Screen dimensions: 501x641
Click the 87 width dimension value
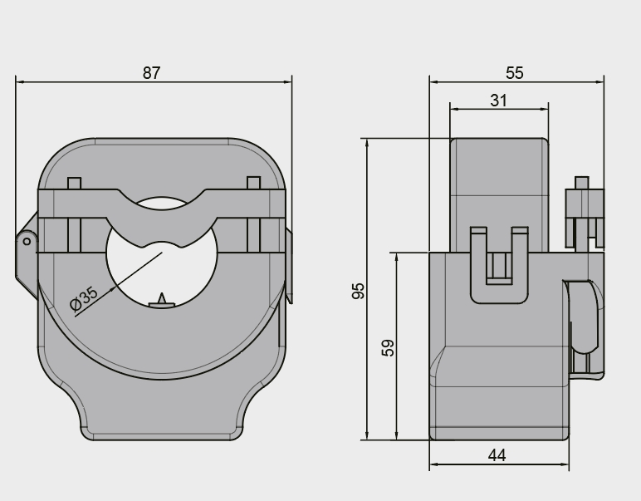point(150,72)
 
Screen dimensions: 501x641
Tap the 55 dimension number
point(515,72)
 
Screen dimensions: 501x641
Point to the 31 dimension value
point(498,100)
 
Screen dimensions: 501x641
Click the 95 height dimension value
point(359,291)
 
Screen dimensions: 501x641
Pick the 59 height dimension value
point(388,347)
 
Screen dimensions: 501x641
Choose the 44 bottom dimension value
point(497,455)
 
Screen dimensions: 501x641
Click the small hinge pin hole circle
point(27,242)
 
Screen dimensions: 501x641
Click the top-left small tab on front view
point(75,183)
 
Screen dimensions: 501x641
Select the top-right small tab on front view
point(253,183)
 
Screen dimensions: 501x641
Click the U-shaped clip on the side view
point(498,266)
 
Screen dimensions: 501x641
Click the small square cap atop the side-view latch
point(583,183)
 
